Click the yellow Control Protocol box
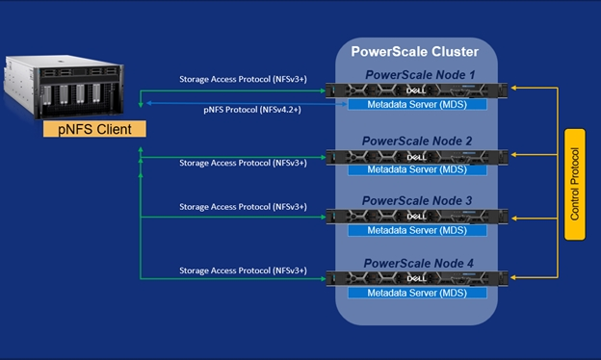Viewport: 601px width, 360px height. tap(575, 184)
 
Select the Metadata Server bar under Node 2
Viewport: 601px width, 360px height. tap(416, 169)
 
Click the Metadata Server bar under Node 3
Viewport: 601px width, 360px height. tap(416, 230)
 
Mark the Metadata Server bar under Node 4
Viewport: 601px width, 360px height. tap(416, 291)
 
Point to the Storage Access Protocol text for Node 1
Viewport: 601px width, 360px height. tap(243, 80)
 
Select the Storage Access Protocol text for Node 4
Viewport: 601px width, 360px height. tap(243, 270)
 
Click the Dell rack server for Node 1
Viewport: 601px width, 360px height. tap(416, 90)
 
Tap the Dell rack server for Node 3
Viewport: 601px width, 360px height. tap(416, 216)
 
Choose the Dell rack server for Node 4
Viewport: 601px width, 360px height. tap(416, 277)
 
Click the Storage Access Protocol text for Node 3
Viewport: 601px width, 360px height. tap(243, 207)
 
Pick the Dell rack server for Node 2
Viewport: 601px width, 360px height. tap(416, 155)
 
